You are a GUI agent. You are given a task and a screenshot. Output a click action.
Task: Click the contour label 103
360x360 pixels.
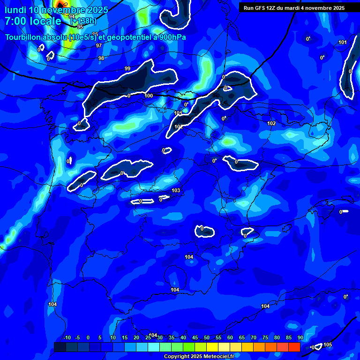(176, 190)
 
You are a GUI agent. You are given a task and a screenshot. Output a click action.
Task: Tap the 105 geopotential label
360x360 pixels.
(328, 345)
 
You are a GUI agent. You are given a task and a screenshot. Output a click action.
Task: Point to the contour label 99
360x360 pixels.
(127, 69)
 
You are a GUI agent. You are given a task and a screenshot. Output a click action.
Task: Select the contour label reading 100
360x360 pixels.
(149, 96)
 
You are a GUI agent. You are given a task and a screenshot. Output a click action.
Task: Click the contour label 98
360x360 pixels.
(101, 59)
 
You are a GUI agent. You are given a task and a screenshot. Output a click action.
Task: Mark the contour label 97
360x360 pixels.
(99, 46)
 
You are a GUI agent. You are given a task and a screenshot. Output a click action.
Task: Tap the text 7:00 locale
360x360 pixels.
(33, 21)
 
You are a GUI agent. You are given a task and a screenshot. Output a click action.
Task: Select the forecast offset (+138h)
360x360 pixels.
(83, 21)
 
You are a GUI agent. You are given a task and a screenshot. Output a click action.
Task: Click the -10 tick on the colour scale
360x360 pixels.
(67, 337)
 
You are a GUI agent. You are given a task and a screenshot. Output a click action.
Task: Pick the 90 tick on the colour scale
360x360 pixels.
(300, 337)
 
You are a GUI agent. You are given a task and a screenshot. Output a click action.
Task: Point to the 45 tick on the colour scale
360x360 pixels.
(195, 337)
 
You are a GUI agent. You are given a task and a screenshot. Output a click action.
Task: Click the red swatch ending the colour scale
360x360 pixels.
(294, 347)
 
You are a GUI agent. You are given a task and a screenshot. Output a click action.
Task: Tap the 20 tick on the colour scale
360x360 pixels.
(136, 337)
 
